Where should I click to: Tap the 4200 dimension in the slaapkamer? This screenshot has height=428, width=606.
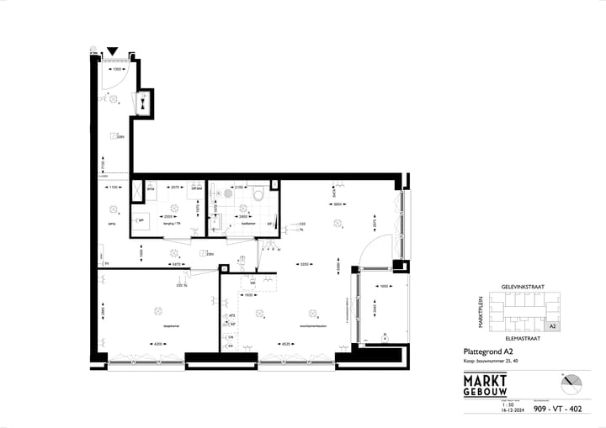[157, 343]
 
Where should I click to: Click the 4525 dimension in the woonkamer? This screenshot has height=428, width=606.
[286, 343]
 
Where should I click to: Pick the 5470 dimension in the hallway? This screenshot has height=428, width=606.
[177, 264]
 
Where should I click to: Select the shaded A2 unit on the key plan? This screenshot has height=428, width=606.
[552, 325]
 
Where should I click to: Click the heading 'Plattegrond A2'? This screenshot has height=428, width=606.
[489, 351]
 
